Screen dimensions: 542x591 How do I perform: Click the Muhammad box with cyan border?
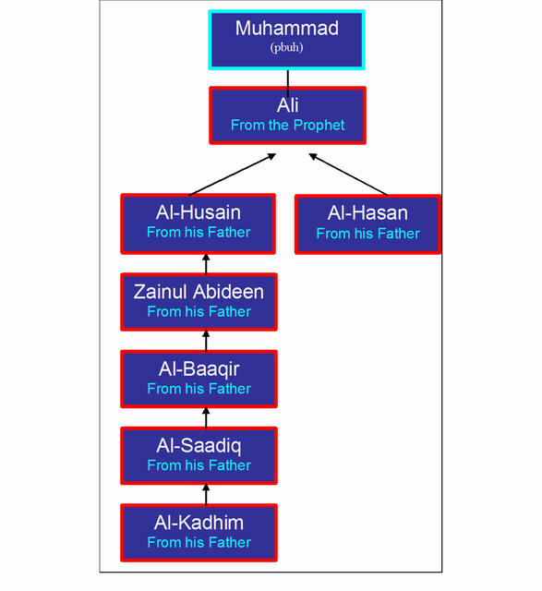pyautogui.click(x=287, y=40)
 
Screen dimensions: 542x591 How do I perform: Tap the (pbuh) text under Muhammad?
pyautogui.click(x=286, y=47)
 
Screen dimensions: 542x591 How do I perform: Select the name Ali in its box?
pyautogui.click(x=287, y=105)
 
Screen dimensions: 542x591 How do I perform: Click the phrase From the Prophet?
pyautogui.click(x=287, y=126)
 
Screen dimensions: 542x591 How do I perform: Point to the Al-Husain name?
pyautogui.click(x=199, y=212)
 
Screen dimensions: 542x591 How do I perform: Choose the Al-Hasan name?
pyautogui.click(x=367, y=213)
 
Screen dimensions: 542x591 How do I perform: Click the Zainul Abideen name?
pyautogui.click(x=199, y=292)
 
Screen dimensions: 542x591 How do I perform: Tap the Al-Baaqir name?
pyautogui.click(x=199, y=369)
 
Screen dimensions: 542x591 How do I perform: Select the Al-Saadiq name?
pyautogui.click(x=199, y=446)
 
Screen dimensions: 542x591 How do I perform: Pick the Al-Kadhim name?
pyautogui.click(x=199, y=523)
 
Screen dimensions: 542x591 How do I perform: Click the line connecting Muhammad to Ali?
pyautogui.click(x=288, y=84)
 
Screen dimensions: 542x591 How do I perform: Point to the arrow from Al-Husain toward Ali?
pyautogui.click(x=232, y=175)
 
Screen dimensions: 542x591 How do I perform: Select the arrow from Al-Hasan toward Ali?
pyautogui.click(x=348, y=175)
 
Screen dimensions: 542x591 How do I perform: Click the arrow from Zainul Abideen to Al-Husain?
pyautogui.click(x=206, y=264)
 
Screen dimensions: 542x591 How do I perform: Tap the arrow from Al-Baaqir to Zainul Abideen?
pyautogui.click(x=206, y=341)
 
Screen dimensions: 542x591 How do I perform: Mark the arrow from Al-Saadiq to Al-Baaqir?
pyautogui.click(x=206, y=417)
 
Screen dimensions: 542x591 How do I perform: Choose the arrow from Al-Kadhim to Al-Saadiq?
pyautogui.click(x=206, y=495)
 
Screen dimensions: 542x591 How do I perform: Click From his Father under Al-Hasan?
pyautogui.click(x=367, y=234)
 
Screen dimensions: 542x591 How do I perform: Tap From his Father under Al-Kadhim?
pyautogui.click(x=199, y=542)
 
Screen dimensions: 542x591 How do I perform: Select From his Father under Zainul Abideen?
pyautogui.click(x=199, y=312)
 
